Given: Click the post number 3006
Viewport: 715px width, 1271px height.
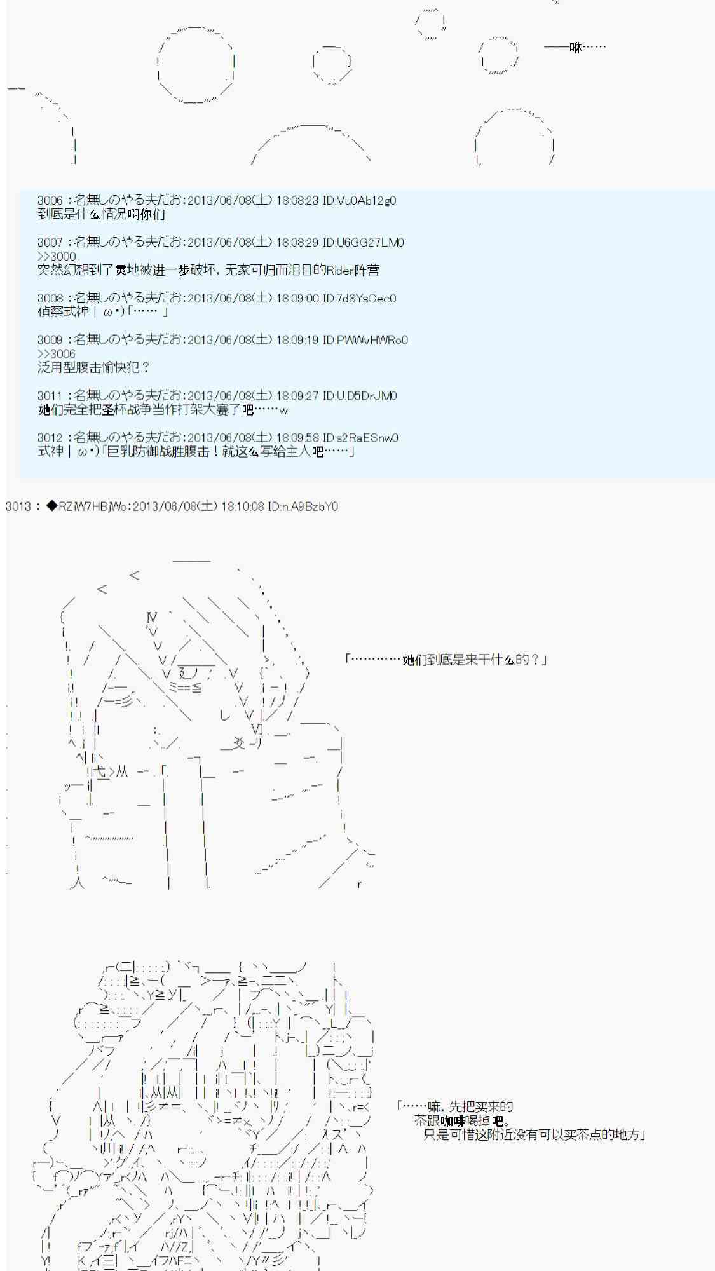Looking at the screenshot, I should coord(50,201).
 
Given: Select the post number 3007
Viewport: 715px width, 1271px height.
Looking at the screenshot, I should coord(50,243).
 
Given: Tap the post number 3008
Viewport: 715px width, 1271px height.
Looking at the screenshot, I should coord(50,298).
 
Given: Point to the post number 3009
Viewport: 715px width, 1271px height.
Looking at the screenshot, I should coord(50,340).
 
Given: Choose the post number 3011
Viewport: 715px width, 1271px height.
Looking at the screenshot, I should coord(50,396).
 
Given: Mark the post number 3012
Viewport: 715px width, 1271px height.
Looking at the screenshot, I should coord(50,438).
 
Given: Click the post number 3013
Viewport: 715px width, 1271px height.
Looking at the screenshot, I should coord(18,506).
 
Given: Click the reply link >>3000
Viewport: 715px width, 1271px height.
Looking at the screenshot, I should coord(57,256).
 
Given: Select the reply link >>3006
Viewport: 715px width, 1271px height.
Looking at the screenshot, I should coord(57,354).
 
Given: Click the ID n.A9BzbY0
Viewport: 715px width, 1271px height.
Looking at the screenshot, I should coord(303,506).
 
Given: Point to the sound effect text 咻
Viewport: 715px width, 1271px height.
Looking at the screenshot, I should coord(576,47).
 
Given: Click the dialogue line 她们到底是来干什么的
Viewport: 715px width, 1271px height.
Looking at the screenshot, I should coord(445,660).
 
